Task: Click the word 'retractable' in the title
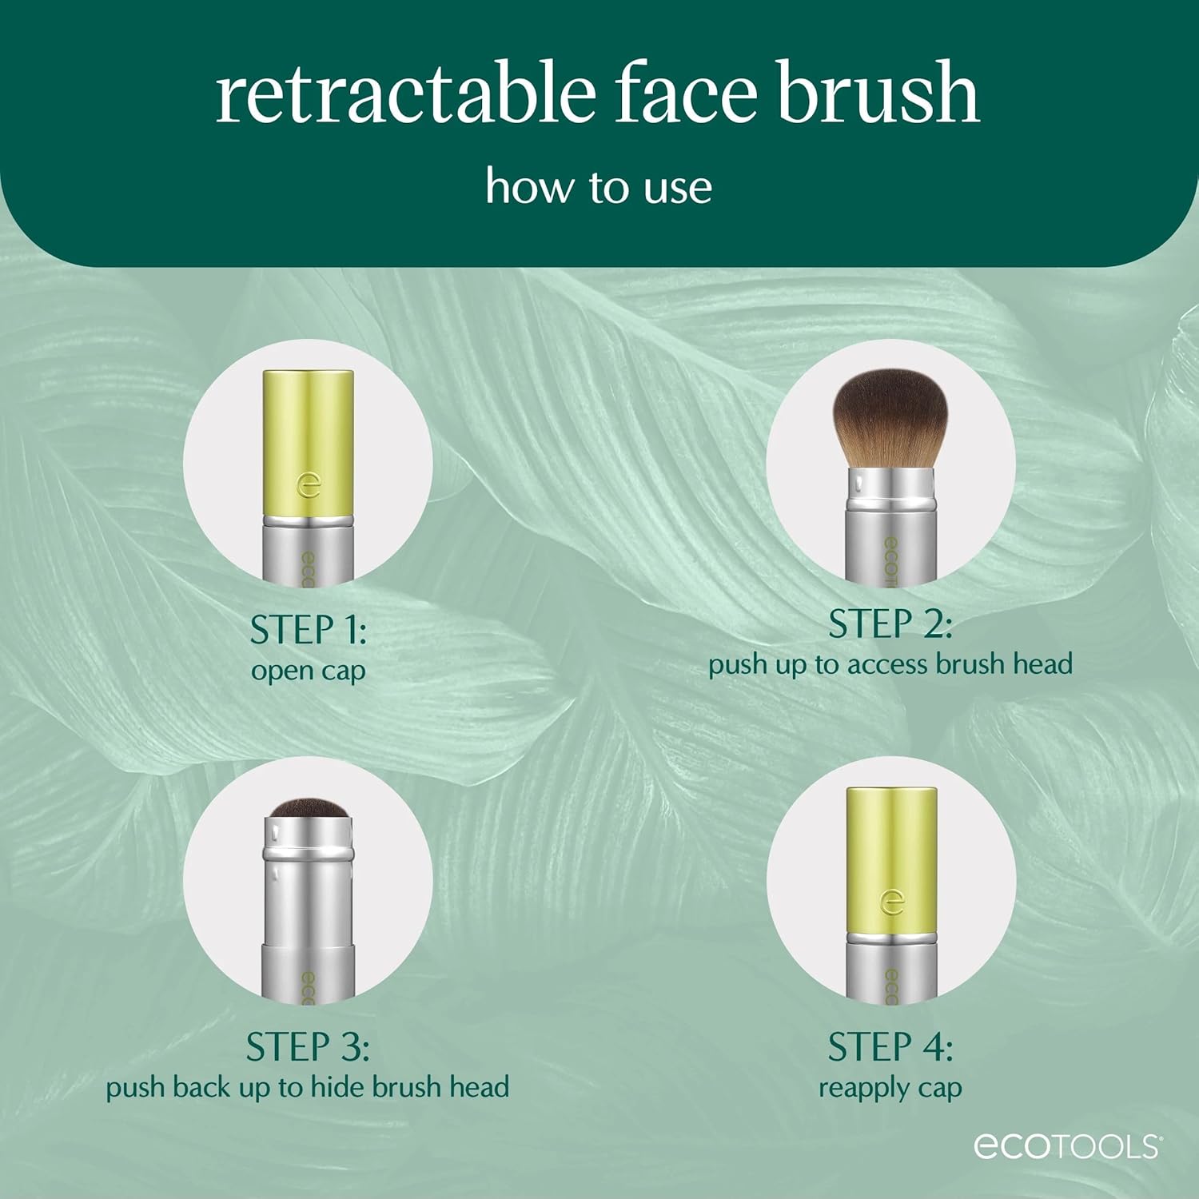pos(406,94)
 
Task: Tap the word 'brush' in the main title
pos(878,94)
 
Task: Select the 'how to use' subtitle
pos(599,187)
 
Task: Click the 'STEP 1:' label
pos(308,630)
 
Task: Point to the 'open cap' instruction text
pos(308,671)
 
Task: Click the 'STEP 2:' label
pos(890,624)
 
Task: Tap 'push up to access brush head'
pos(890,664)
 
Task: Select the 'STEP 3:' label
pos(308,1047)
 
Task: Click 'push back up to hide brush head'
pos(308,1087)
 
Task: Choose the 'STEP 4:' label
pos(890,1047)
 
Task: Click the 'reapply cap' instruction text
pos(890,1088)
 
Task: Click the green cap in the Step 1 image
pos(309,432)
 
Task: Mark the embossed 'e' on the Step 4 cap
pos(891,902)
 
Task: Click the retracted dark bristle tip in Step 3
pos(308,809)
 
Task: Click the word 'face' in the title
pos(685,94)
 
